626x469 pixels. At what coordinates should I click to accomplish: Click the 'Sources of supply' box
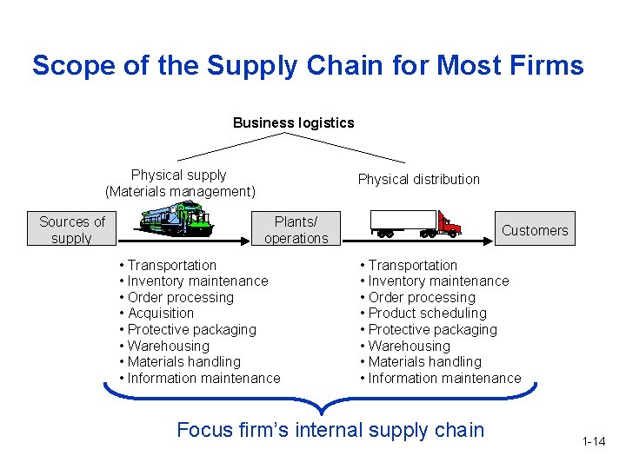point(72,230)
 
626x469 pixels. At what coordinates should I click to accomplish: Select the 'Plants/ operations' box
point(296,230)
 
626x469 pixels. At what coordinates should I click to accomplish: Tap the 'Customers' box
point(534,230)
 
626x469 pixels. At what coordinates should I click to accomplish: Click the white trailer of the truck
point(403,221)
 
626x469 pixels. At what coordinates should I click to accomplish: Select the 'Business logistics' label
point(294,122)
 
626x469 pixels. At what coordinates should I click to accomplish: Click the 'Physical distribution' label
point(419,179)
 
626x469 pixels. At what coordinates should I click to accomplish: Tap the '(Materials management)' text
point(180,191)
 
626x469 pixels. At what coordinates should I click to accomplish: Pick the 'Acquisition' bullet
point(160,314)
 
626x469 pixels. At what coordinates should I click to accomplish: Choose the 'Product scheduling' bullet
point(427,314)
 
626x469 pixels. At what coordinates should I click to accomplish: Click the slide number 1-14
point(594,442)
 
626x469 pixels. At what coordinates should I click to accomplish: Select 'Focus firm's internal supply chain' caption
point(330,430)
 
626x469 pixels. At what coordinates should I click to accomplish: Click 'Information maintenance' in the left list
point(203,378)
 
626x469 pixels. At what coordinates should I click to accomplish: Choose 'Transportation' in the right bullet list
point(412,265)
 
